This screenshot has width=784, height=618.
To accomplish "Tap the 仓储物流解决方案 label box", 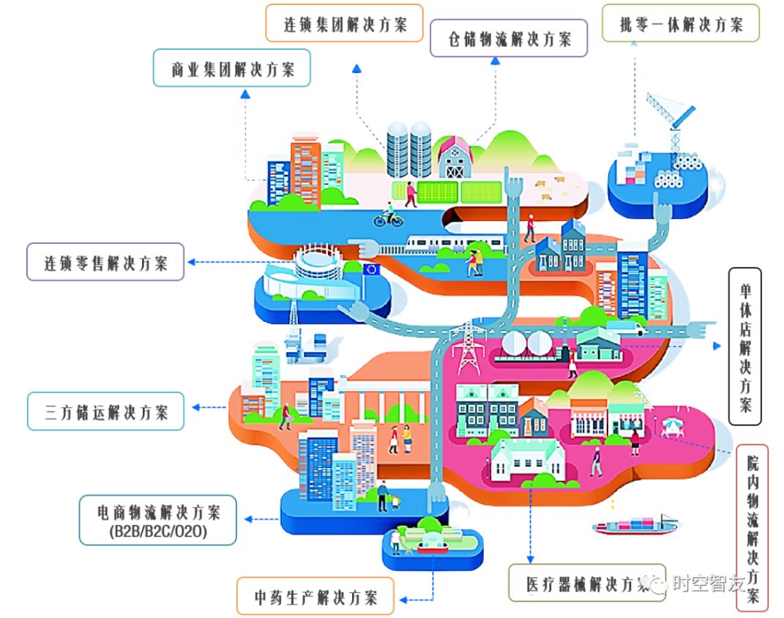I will [x=509, y=39].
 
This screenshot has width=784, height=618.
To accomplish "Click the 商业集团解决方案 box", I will [x=232, y=69].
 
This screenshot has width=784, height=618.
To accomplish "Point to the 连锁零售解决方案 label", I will [x=105, y=262].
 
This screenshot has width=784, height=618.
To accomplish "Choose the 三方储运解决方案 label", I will [x=106, y=412].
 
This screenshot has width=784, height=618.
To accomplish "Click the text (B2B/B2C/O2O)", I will [x=158, y=532].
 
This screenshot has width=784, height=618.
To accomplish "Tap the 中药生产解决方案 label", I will [x=315, y=596].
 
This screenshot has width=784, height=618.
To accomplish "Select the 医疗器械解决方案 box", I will [x=586, y=583].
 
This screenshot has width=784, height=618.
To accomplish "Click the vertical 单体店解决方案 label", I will [x=744, y=346].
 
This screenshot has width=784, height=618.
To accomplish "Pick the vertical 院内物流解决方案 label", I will [x=752, y=527].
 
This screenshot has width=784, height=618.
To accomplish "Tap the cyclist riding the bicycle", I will [x=389, y=215].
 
